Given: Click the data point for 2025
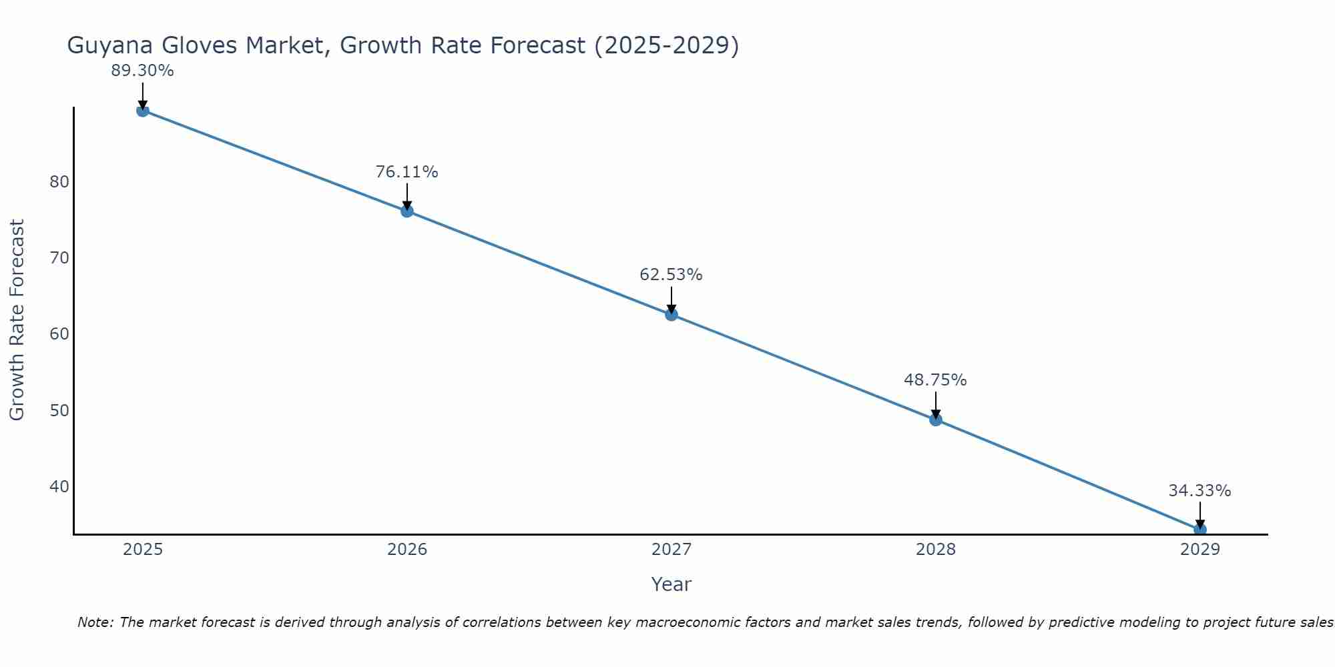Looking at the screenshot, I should coord(142,111).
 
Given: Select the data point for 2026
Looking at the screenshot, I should coord(407,211).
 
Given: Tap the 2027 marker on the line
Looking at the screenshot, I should coord(672,315).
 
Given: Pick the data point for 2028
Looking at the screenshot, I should coord(936,420).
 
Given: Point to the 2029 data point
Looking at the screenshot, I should coord(1199,530).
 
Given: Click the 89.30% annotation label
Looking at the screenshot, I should coord(142,71).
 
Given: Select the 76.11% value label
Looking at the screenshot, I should coord(407,172).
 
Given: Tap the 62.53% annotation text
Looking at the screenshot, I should coord(671,275).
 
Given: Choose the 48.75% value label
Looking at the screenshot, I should coord(935,380).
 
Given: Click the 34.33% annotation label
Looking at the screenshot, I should coord(1199,491).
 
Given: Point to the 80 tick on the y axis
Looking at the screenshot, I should coord(59,182).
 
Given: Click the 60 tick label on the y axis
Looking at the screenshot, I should coord(59,333).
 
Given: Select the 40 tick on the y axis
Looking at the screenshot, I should coord(59,486).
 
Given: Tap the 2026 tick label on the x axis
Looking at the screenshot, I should coord(407,550).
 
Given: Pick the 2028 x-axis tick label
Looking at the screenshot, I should coord(936,550).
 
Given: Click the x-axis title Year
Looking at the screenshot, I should coord(671,584).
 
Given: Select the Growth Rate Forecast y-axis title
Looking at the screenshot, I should coord(17,320).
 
